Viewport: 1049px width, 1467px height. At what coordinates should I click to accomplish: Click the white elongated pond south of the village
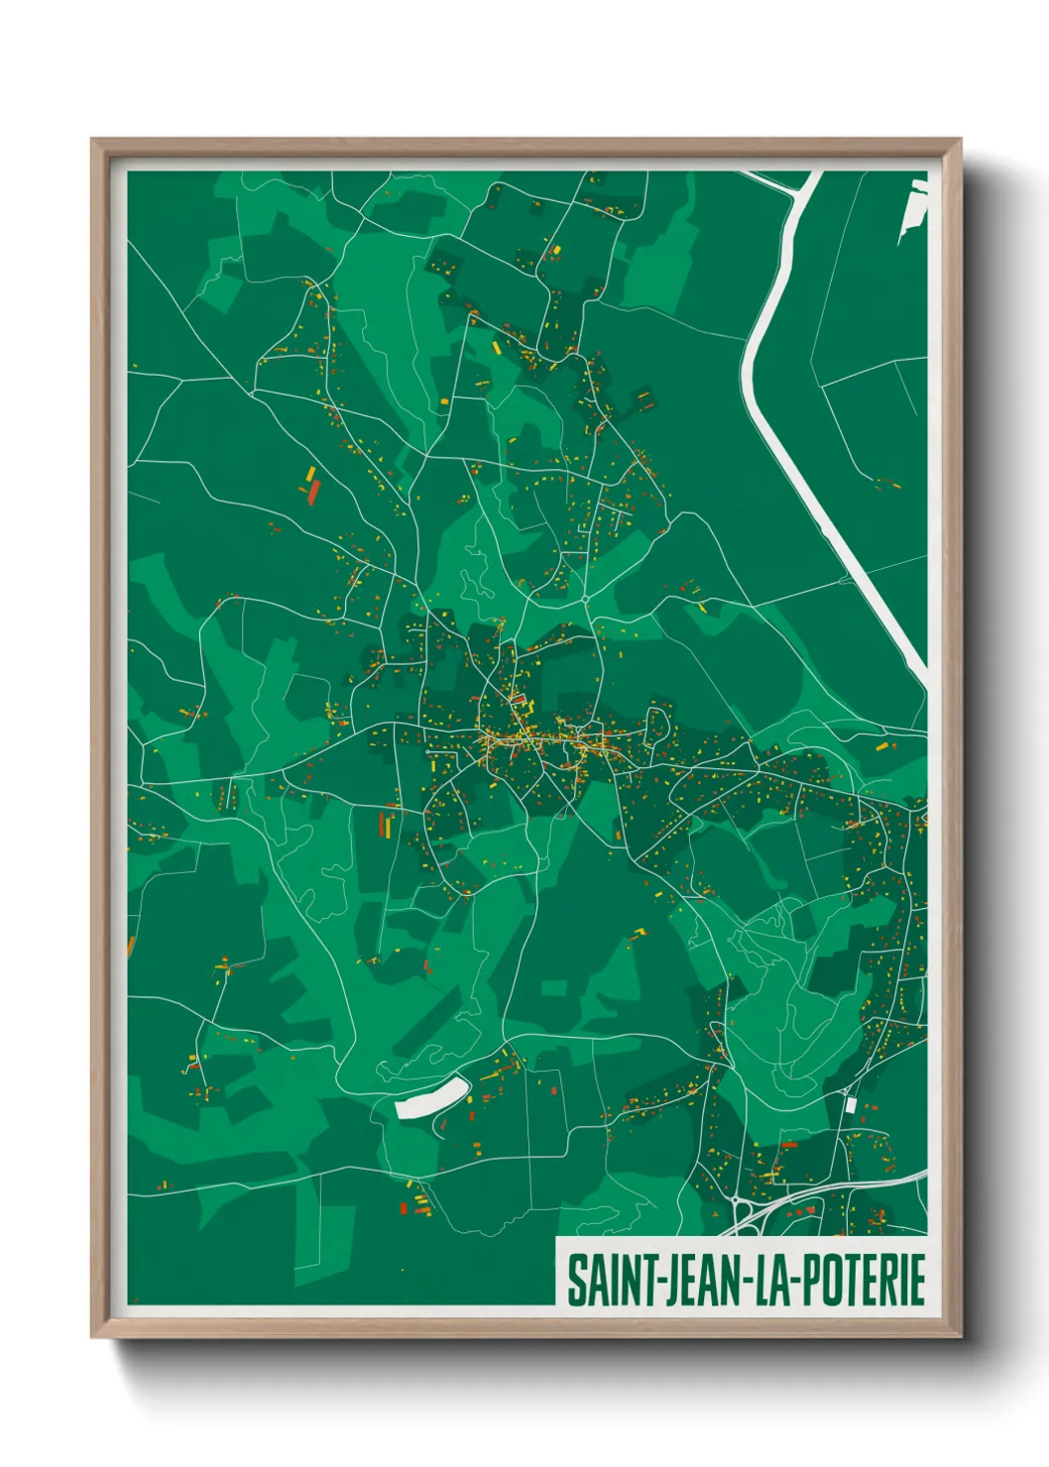(431, 1098)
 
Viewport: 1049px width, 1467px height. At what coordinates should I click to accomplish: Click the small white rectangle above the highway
(850, 1104)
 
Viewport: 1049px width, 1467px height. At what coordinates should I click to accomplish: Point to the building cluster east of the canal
(885, 484)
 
